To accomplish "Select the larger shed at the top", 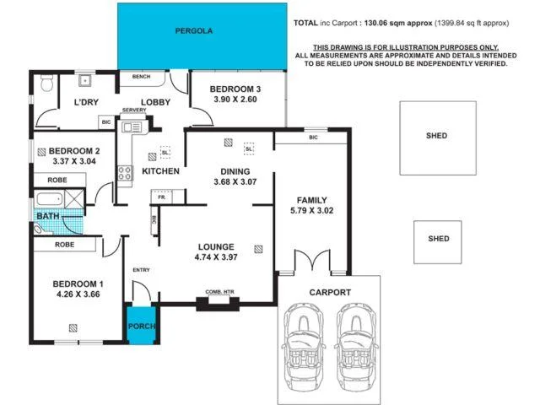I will [x=437, y=135].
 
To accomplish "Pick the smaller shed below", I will [x=439, y=239].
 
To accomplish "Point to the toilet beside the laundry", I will [x=47, y=83].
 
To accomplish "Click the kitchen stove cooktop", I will [x=125, y=173].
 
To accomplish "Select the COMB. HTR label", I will [x=219, y=292].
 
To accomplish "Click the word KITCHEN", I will [x=159, y=171].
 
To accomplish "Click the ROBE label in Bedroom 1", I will [x=65, y=245].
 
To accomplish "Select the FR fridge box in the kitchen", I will [x=159, y=197].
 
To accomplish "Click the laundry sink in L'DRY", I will [x=85, y=82].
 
